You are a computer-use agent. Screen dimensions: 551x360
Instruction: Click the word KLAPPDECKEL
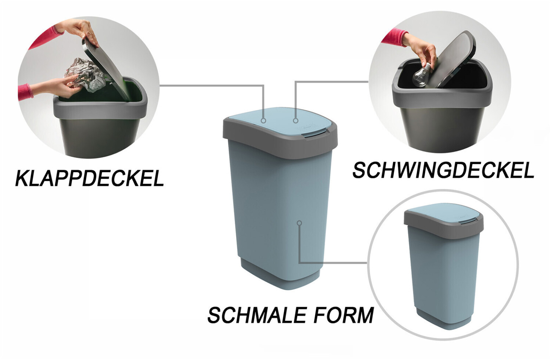(x=89, y=178)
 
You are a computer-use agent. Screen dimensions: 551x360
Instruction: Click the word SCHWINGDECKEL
(x=443, y=170)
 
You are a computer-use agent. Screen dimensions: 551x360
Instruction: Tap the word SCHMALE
(x=257, y=315)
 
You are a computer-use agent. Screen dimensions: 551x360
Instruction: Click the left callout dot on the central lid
(x=263, y=120)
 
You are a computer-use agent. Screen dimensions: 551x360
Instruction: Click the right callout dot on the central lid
(x=296, y=120)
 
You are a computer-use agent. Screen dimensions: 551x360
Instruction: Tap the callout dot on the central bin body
(x=299, y=223)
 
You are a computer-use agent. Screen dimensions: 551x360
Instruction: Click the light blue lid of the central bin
(x=280, y=119)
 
